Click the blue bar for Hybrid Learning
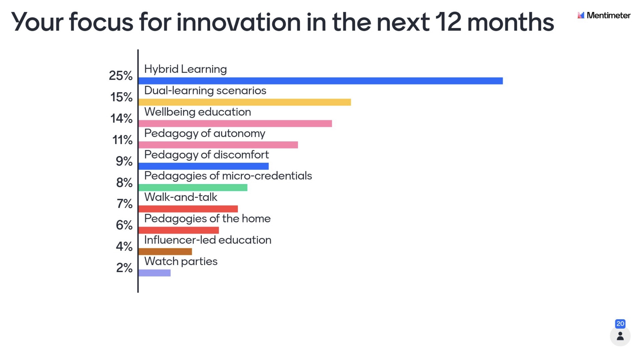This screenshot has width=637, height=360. pos(320,81)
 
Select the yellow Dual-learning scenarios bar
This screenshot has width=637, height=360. pos(245,102)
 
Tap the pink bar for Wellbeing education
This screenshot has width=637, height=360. pos(235,123)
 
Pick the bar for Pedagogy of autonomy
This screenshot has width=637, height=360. pos(218,145)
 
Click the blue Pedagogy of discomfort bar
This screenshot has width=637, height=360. pos(203,166)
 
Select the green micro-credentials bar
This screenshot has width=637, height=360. pos(193,187)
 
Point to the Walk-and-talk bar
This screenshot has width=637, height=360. pos(188,209)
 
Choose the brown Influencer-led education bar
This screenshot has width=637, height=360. pos(165,252)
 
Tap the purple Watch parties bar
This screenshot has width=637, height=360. pos(154,273)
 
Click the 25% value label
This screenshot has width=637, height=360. pos(121,76)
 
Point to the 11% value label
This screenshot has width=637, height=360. pos(122,140)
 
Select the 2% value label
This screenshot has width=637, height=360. pos(124,268)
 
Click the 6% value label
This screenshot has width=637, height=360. pos(124,225)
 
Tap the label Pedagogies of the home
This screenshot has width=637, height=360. pos(207,219)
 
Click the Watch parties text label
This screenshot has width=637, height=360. pos(181,261)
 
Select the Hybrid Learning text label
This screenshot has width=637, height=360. pos(185,69)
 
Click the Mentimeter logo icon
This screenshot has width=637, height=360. pos(581,15)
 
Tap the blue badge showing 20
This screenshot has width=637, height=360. pos(620,324)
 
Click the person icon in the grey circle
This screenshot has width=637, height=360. pos(620,336)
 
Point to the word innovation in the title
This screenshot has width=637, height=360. pos(238,22)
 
